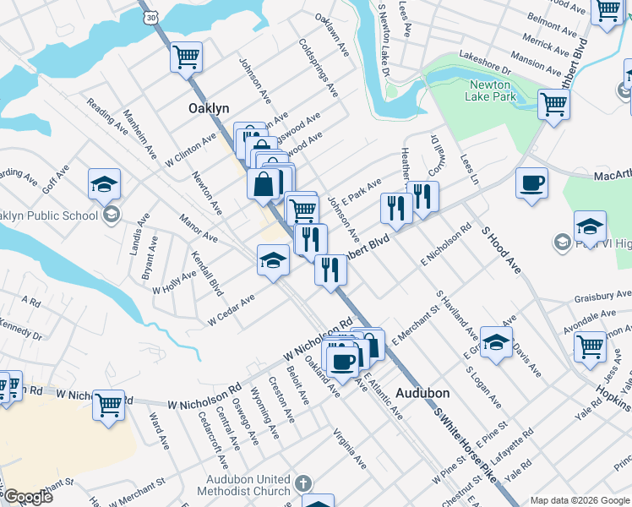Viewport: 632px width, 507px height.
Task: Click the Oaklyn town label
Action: (x=208, y=109)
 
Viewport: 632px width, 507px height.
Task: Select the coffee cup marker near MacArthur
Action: (x=531, y=183)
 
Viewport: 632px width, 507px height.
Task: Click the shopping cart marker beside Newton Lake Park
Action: (x=553, y=105)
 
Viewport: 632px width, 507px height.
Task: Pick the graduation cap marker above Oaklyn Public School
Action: (x=104, y=183)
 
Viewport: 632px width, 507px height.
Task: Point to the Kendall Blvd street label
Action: (x=206, y=273)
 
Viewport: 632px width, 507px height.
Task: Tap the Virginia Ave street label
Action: (x=350, y=448)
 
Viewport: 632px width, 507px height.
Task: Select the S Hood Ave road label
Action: (x=502, y=246)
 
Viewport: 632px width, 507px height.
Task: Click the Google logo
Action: (x=28, y=497)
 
